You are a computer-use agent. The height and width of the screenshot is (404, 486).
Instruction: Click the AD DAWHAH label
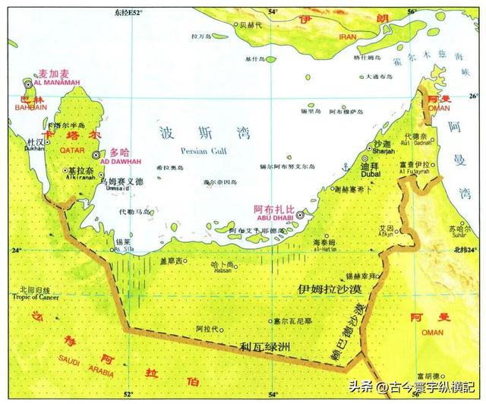115,161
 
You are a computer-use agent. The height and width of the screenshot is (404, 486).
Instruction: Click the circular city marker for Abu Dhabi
301,216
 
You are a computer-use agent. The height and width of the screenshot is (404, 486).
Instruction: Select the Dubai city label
370,174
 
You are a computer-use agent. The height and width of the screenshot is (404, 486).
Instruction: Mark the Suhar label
459,235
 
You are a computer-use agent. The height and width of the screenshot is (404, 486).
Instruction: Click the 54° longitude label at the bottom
273,395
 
